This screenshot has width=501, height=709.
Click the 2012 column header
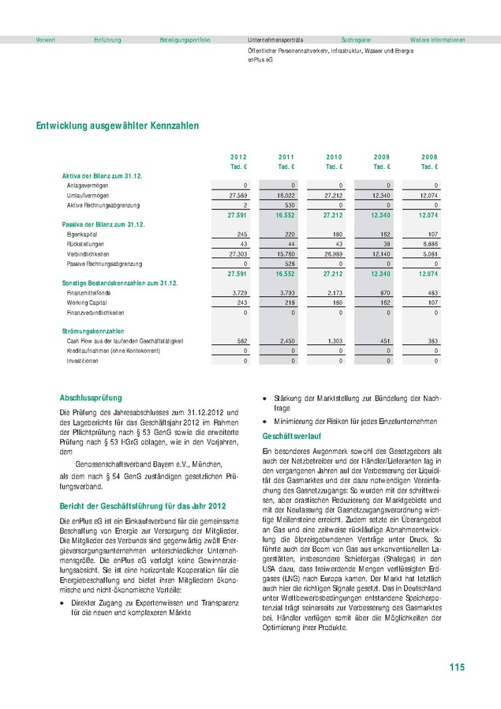[x=238, y=157]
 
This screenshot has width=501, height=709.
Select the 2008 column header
[x=428, y=157]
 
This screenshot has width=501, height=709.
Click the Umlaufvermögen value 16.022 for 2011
[x=286, y=194]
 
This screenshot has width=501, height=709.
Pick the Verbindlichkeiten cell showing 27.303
[x=237, y=253]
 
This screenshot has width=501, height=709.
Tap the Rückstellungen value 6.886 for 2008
[x=428, y=244]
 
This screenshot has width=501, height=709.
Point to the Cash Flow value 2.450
[x=286, y=340]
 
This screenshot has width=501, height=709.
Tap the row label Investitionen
[x=83, y=360]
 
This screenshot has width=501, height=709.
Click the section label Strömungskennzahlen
[x=93, y=330]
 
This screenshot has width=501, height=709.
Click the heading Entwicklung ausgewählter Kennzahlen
[x=117, y=126]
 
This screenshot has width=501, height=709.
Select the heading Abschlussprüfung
[x=91, y=398]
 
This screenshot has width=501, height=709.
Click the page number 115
[x=456, y=668]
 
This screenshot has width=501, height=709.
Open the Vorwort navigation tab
[x=46, y=39]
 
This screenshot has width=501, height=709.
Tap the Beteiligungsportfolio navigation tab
[x=185, y=39]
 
